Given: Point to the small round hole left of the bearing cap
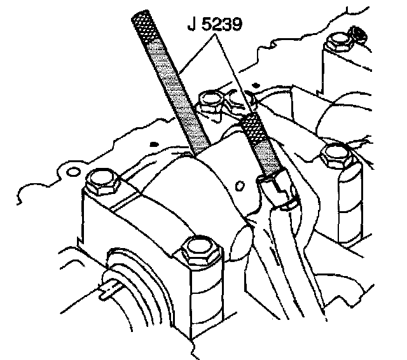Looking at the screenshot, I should (x=72, y=172).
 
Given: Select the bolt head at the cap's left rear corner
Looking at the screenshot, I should (x=100, y=183).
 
